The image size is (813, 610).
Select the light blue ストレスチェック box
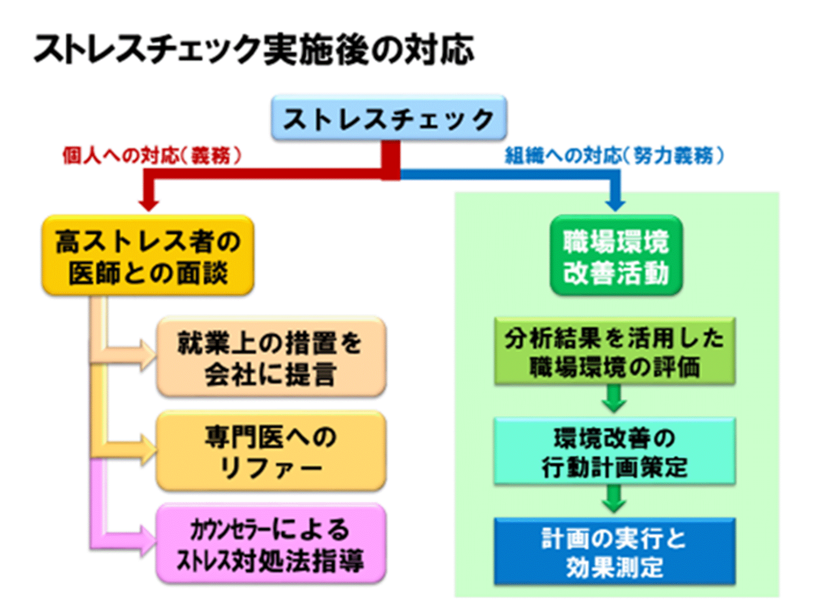389,118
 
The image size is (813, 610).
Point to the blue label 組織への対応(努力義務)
614,155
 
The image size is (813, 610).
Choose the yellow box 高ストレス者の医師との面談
148,256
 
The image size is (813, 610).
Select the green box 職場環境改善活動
616,256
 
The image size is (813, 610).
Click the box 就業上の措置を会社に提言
271,357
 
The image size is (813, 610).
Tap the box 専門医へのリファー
271,451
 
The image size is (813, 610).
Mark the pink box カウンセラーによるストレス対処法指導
271,544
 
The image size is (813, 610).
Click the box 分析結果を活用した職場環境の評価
614,352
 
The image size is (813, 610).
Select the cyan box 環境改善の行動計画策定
614,452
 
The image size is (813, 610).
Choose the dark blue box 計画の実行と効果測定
614,552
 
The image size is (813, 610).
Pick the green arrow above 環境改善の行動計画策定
614,400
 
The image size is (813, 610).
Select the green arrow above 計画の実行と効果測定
614,500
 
